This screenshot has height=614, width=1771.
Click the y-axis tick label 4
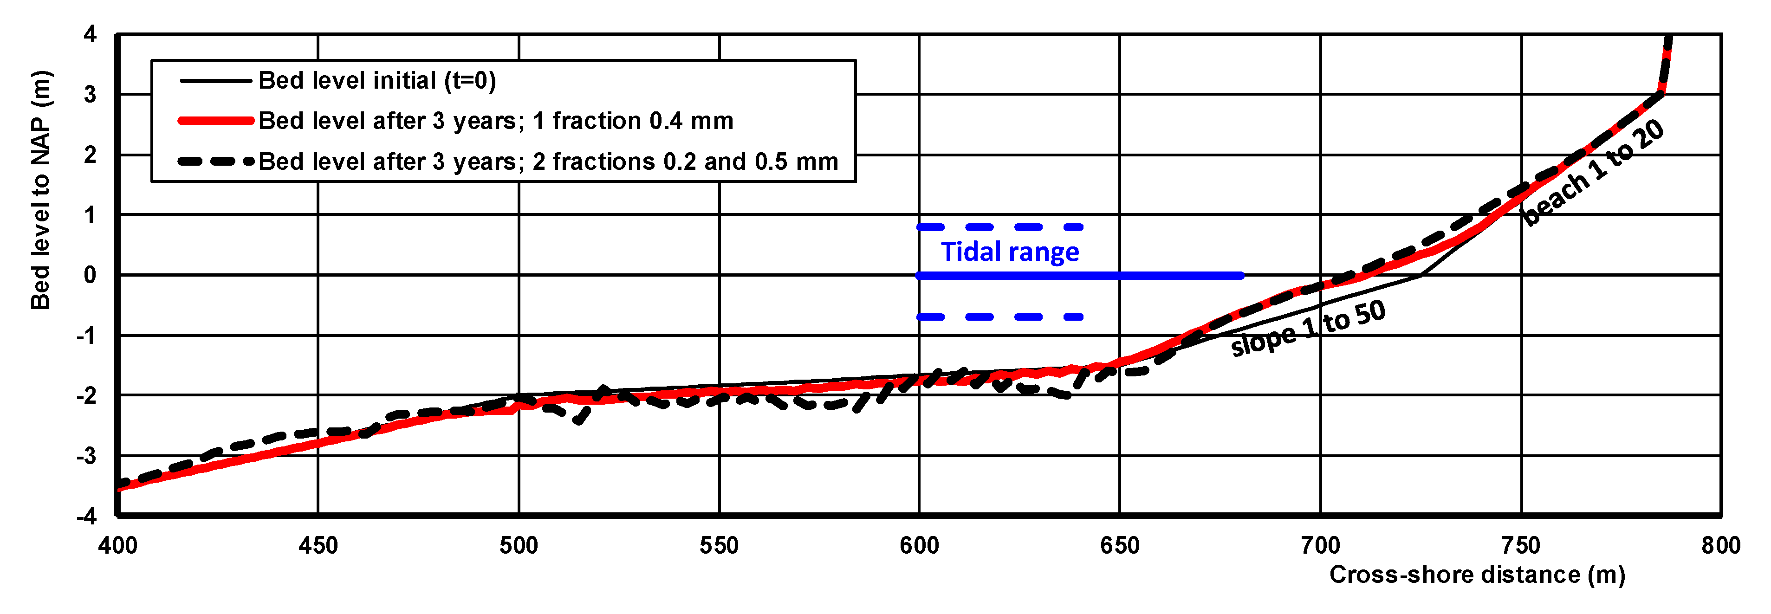tap(90, 34)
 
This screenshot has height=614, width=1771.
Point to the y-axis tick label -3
tap(87, 456)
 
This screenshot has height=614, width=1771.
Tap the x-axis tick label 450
tap(318, 546)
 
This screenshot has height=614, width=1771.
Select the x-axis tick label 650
tap(1119, 546)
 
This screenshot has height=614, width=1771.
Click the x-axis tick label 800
tap(1720, 546)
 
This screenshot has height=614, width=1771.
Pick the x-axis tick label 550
tap(719, 546)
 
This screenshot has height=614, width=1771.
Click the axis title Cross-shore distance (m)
tap(1477, 575)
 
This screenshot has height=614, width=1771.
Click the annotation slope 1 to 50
tap(1308, 329)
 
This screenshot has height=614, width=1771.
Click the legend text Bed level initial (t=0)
tap(377, 81)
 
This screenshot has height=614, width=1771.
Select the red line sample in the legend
tap(216, 121)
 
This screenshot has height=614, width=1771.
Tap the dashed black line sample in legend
tap(216, 162)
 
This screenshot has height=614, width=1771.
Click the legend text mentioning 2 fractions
tap(548, 162)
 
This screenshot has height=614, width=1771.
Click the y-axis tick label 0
tap(90, 275)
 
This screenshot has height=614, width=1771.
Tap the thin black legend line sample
tap(216, 81)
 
